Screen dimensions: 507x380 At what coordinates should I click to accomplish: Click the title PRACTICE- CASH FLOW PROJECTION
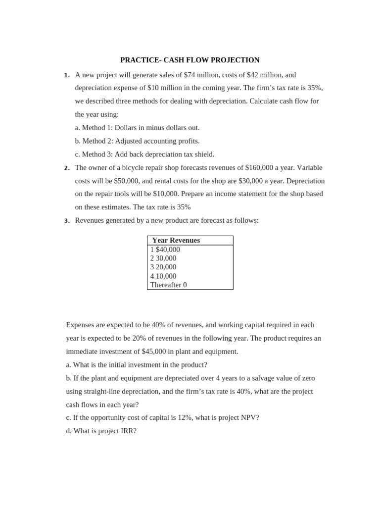190,60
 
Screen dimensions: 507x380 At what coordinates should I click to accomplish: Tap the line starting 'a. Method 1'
137,128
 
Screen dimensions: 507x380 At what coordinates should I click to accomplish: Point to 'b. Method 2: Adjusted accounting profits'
137,141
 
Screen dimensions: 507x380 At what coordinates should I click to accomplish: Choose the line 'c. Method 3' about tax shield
144,154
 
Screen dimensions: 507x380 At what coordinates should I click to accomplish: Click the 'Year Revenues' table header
176,241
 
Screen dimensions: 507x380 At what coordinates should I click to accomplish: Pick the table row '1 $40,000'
165,250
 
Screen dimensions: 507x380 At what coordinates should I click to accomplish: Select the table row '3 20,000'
163,267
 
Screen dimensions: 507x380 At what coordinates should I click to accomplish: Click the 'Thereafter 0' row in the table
168,285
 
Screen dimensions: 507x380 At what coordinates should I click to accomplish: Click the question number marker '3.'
67,221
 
